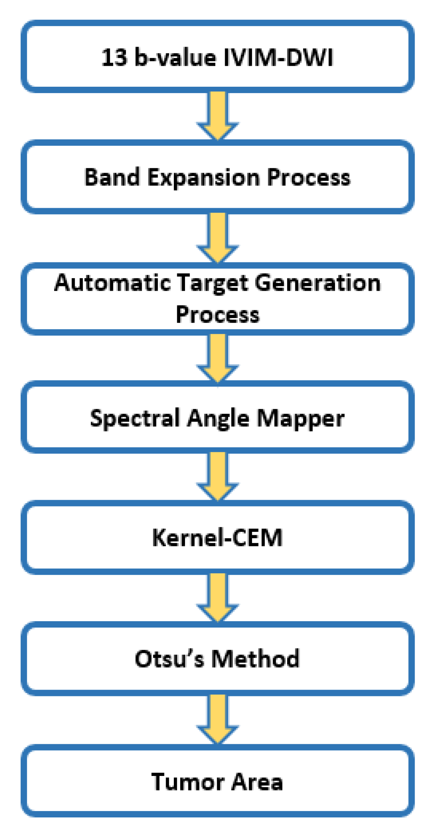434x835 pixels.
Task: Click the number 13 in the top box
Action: (x=114, y=58)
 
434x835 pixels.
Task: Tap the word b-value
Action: (x=175, y=58)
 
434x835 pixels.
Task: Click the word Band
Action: (x=112, y=177)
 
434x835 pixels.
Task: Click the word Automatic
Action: (x=112, y=283)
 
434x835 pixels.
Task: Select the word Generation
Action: (x=318, y=283)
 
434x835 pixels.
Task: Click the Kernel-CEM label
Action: (x=217, y=538)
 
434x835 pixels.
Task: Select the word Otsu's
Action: (x=169, y=659)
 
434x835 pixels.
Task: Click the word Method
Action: (x=256, y=659)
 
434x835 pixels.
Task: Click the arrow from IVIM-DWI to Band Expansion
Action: (x=218, y=114)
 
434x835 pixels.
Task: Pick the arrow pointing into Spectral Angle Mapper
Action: (x=218, y=357)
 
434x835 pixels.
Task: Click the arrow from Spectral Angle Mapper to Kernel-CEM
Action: (x=218, y=475)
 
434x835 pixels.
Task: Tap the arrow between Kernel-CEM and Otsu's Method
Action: (x=218, y=597)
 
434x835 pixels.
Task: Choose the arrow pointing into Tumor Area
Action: (x=218, y=718)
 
